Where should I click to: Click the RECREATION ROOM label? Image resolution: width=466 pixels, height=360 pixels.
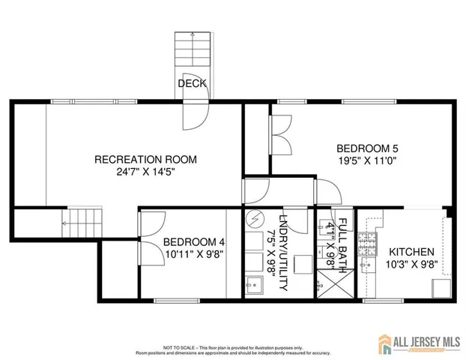(145, 159)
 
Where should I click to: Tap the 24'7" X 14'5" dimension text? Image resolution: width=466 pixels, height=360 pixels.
(145, 172)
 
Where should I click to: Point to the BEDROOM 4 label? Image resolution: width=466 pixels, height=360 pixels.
(194, 241)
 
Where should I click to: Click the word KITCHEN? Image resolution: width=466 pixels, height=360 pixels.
(411, 251)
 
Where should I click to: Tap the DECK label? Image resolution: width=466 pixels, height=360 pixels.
(192, 83)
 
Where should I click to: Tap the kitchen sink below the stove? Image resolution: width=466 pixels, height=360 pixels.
(366, 265)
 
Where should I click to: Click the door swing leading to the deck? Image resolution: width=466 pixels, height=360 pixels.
(194, 116)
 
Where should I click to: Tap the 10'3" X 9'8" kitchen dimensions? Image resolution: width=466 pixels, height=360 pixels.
(411, 264)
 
